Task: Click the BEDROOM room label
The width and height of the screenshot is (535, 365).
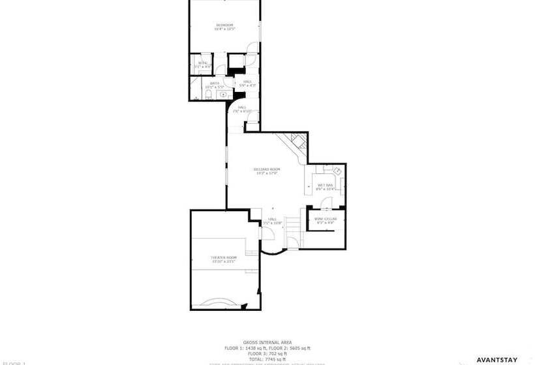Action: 224,25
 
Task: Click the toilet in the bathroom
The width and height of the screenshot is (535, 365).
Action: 206,96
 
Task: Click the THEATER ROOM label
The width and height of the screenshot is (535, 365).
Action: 223,258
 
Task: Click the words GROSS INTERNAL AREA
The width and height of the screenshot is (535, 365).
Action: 267,342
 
